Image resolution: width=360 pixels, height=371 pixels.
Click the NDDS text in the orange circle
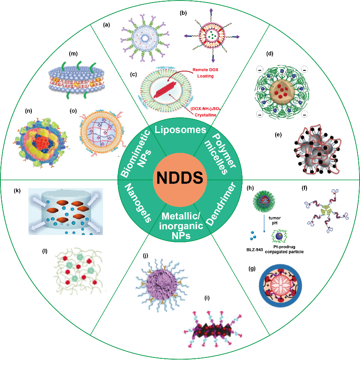click(180, 178)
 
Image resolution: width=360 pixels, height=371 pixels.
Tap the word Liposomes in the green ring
click(180, 130)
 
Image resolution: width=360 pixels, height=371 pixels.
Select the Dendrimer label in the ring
click(220, 204)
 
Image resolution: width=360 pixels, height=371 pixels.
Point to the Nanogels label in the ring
click(138, 203)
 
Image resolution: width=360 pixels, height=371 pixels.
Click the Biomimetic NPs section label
click(136, 153)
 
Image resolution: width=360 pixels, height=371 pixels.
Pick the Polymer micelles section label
click(220, 154)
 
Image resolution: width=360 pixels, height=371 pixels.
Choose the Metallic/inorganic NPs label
click(181, 226)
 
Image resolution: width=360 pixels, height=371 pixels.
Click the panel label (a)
click(106, 25)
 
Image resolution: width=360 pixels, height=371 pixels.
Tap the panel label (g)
click(252, 269)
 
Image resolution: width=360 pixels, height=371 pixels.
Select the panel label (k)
click(17, 191)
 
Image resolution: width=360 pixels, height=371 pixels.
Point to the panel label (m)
click(73, 53)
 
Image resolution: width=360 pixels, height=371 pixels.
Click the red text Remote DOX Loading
click(205, 73)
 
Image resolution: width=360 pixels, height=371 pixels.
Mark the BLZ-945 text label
click(254, 249)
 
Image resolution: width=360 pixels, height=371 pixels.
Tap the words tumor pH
click(274, 220)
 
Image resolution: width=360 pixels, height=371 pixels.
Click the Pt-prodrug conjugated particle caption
click(284, 249)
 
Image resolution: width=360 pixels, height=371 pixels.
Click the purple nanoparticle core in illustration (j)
click(162, 283)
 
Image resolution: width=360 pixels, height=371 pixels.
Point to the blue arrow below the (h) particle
click(264, 223)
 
